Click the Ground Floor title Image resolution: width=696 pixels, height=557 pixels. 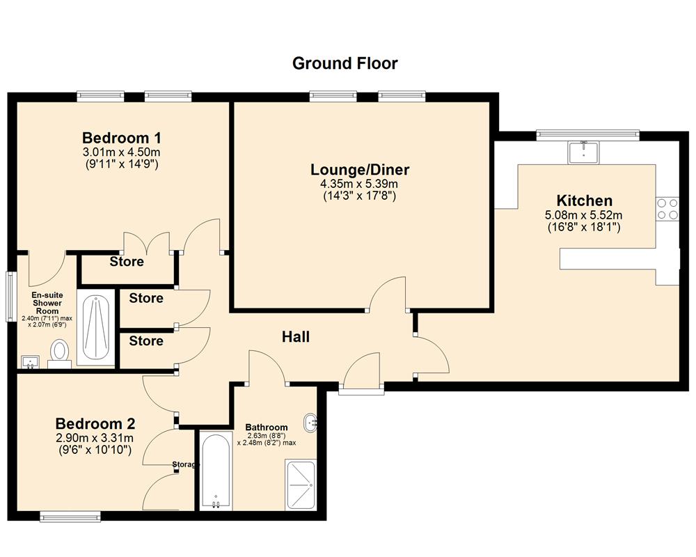[345, 63]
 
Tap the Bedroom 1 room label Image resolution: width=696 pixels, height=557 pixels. [122, 137]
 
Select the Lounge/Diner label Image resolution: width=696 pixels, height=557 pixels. [360, 169]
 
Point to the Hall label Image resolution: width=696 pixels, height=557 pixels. [295, 337]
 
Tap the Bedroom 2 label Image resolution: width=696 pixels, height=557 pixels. [95, 423]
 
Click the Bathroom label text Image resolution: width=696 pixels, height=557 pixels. [267, 427]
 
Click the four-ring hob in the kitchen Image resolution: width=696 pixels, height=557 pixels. [667, 209]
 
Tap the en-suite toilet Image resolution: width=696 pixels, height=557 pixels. [59, 352]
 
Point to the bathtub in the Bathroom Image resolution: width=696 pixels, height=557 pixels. [215, 471]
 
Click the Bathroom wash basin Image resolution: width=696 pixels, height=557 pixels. [311, 421]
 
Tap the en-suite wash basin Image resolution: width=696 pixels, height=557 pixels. [29, 361]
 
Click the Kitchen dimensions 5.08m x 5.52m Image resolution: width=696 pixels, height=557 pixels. [583, 215]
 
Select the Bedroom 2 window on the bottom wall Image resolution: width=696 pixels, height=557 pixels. [70, 516]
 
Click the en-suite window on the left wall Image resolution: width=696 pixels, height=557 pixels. [10, 297]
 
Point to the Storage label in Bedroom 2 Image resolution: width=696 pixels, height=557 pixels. [186, 464]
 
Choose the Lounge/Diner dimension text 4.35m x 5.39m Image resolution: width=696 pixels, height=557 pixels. [360, 184]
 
